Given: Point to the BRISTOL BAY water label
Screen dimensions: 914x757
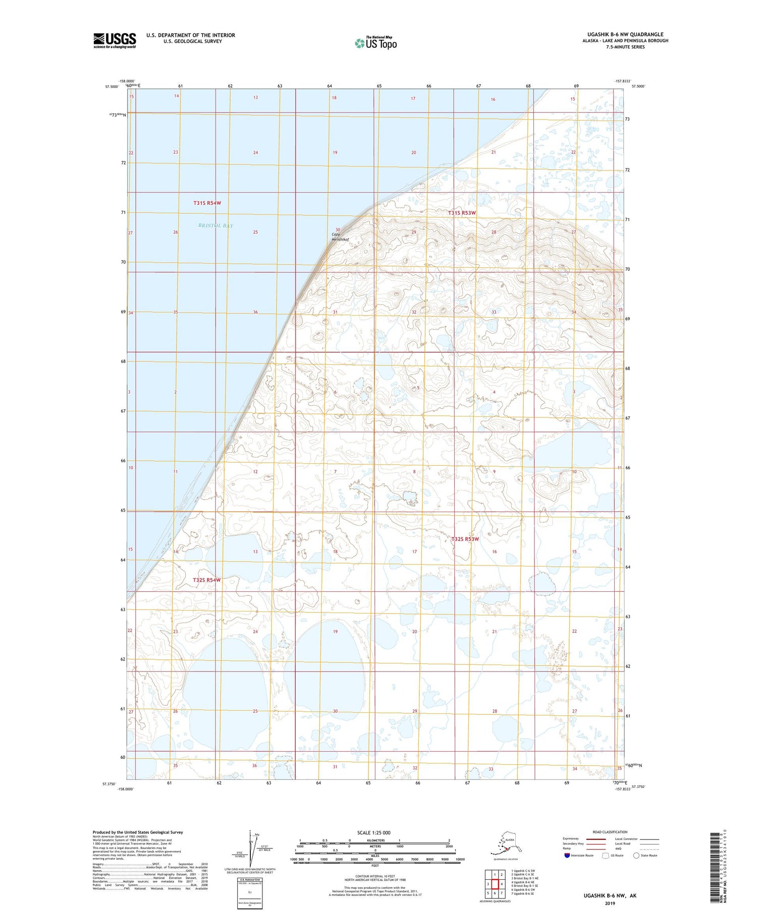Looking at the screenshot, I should pyautogui.click(x=215, y=226).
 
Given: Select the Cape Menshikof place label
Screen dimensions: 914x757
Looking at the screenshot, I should pyautogui.click(x=340, y=237).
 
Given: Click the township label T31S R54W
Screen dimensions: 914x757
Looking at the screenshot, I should pyautogui.click(x=207, y=203).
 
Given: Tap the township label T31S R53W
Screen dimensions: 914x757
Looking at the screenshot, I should pyautogui.click(x=462, y=213).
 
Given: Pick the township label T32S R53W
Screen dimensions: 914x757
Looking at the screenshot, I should pyautogui.click(x=465, y=539).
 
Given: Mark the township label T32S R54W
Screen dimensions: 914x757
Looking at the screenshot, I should pyautogui.click(x=206, y=580).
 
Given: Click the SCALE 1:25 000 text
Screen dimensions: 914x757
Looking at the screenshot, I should pyautogui.click(x=373, y=833).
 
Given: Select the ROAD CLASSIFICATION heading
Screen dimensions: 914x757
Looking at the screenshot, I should pyautogui.click(x=610, y=832).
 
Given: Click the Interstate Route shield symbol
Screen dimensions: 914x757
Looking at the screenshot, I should pyautogui.click(x=567, y=856).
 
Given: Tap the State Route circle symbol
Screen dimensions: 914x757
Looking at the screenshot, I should pyautogui.click(x=636, y=856).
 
